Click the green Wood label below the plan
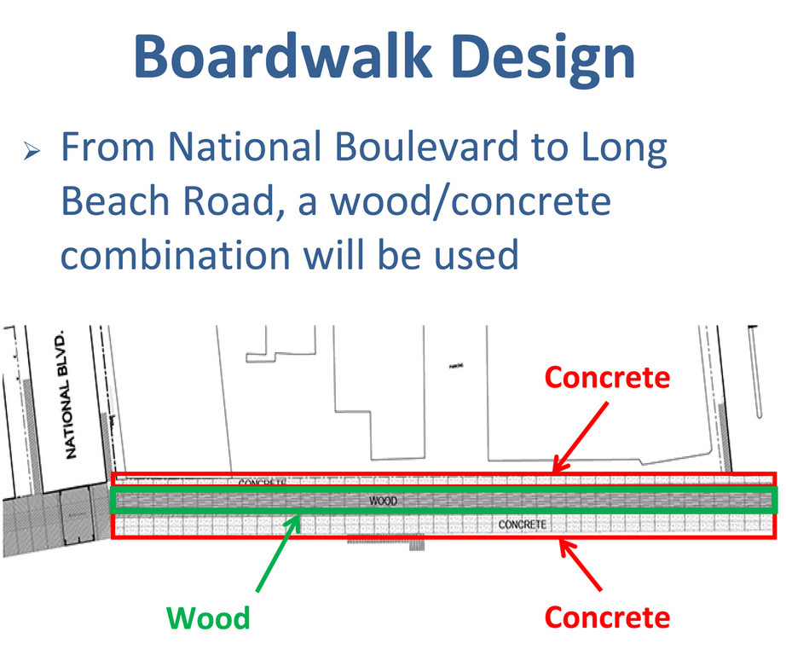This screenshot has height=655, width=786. pyautogui.click(x=208, y=617)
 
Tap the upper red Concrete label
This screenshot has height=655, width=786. pyautogui.click(x=607, y=376)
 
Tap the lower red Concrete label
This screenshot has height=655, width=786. pyautogui.click(x=607, y=616)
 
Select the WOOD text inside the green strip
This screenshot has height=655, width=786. pyautogui.click(x=383, y=501)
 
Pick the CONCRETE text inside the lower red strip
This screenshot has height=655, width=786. pyautogui.click(x=523, y=524)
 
